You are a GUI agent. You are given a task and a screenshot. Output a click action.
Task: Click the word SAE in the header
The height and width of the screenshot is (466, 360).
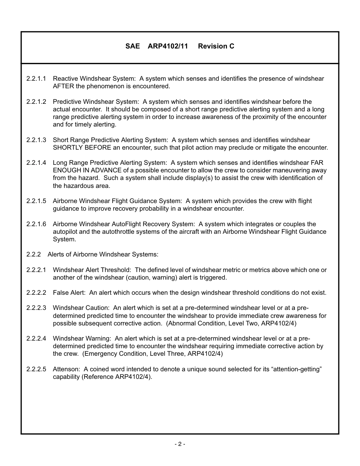tap(133, 46)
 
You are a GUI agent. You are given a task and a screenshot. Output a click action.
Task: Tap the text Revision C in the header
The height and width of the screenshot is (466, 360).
tap(216, 46)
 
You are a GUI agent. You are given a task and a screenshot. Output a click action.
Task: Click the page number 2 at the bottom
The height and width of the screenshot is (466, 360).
tap(180, 444)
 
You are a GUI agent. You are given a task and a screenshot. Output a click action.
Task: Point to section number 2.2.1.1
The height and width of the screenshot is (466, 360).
tap(36, 79)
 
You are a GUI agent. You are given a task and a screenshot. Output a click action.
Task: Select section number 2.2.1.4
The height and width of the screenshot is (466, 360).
tap(36, 163)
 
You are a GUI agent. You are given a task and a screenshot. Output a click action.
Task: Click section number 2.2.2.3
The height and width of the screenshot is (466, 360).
tap(36, 308)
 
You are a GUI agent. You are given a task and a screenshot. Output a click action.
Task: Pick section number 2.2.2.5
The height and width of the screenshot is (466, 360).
tap(36, 369)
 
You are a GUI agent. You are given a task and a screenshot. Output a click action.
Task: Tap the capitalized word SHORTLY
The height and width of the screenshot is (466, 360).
tap(67, 148)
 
